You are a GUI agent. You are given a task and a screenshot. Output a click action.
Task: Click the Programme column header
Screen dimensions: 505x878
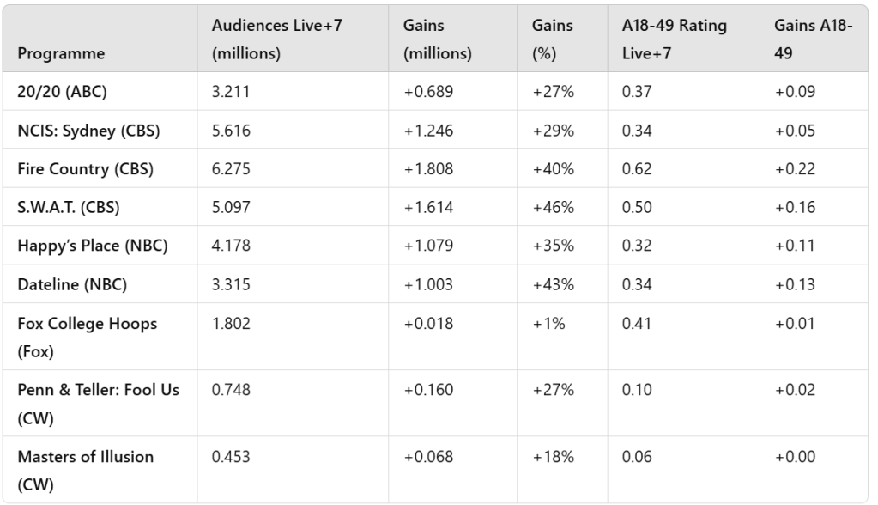click(61, 52)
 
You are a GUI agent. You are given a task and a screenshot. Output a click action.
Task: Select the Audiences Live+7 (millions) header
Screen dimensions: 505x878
click(268, 40)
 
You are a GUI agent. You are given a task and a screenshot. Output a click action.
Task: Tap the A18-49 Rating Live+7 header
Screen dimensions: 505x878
click(675, 40)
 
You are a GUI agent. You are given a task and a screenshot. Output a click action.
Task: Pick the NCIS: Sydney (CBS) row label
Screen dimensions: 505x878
click(88, 131)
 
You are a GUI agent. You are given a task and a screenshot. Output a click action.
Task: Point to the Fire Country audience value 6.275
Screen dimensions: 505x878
click(230, 169)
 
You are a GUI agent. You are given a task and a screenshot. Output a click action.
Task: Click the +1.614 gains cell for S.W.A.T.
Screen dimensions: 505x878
click(428, 207)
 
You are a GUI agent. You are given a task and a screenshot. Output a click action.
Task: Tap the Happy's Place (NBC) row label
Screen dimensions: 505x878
click(92, 246)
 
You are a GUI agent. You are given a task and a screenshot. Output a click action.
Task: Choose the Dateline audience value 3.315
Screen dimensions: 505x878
click(230, 284)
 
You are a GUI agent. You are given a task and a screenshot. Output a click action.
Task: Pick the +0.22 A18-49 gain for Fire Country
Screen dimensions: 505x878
click(795, 169)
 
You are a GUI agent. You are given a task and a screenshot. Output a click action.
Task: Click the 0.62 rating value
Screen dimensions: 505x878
click(636, 169)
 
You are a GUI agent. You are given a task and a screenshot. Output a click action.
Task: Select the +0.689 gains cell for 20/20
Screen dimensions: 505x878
click(428, 92)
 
